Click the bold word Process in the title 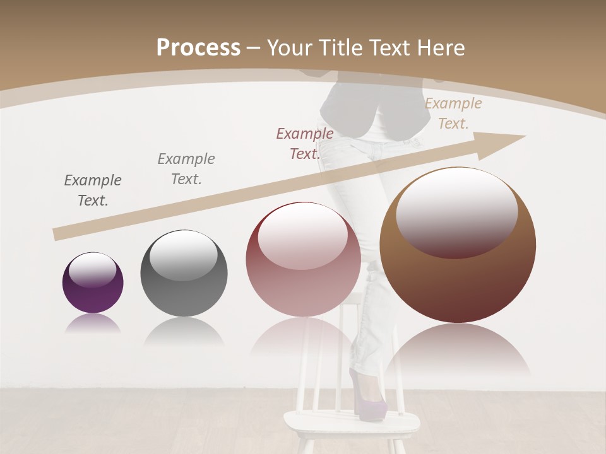198,48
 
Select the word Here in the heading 441,48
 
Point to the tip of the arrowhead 525,136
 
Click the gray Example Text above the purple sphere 93,190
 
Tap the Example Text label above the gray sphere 186,168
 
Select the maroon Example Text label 305,143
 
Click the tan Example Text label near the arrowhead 453,113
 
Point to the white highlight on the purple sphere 92,270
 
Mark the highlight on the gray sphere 183,255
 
